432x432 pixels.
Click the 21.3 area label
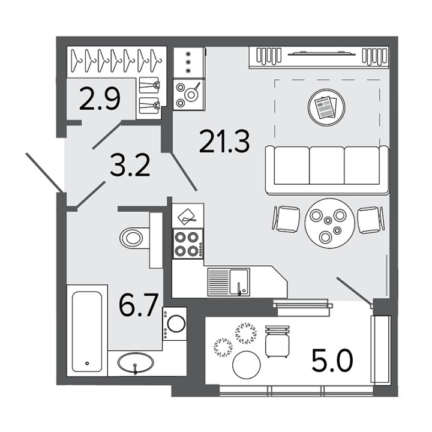(x=224, y=142)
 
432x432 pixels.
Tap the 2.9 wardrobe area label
(x=100, y=98)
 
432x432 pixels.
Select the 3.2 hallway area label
(x=130, y=165)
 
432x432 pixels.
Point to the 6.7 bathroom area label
(x=139, y=305)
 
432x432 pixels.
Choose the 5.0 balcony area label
(x=332, y=361)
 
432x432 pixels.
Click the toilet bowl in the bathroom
(x=131, y=238)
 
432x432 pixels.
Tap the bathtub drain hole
(x=88, y=364)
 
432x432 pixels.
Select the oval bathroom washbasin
(x=135, y=362)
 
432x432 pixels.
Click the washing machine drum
(x=176, y=323)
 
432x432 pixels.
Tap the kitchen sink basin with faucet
(x=239, y=282)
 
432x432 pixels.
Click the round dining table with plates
(x=329, y=223)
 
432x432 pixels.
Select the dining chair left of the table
(x=286, y=220)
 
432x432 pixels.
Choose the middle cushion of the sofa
(x=327, y=166)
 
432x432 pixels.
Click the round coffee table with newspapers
(x=326, y=107)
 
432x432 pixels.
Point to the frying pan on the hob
(x=192, y=93)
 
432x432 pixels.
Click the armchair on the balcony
(x=277, y=341)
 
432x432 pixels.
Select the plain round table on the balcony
(x=247, y=365)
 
